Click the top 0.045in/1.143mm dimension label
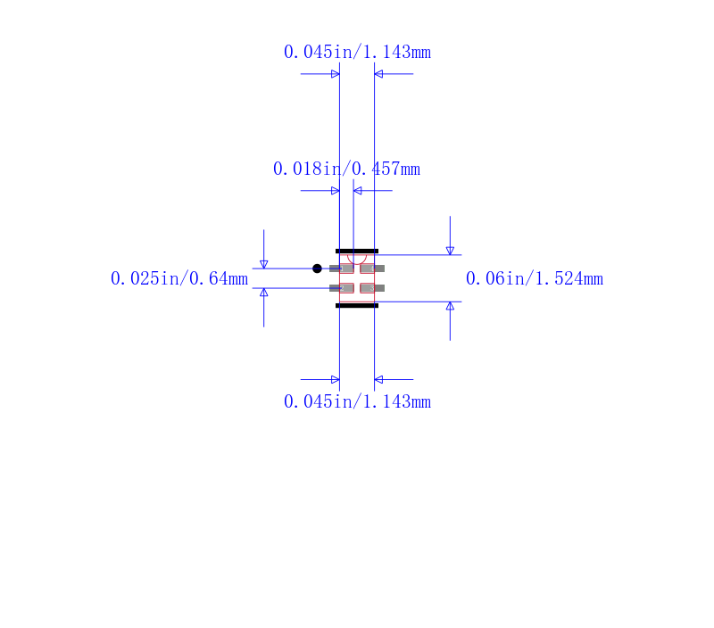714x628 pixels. pyautogui.click(x=357, y=52)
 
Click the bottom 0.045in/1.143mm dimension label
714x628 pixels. pyautogui.click(x=357, y=401)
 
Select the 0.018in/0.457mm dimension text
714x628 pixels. pyautogui.click(x=346, y=169)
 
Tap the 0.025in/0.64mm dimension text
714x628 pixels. pyautogui.click(x=179, y=278)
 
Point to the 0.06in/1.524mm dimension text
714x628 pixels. pyautogui.click(x=535, y=278)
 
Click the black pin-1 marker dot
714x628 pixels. pyautogui.click(x=318, y=269)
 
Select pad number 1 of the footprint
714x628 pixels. pyautogui.click(x=342, y=269)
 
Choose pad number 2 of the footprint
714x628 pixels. pyautogui.click(x=342, y=288)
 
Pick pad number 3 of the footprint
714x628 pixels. pyautogui.click(x=372, y=288)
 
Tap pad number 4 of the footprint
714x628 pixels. pyautogui.click(x=372, y=269)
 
